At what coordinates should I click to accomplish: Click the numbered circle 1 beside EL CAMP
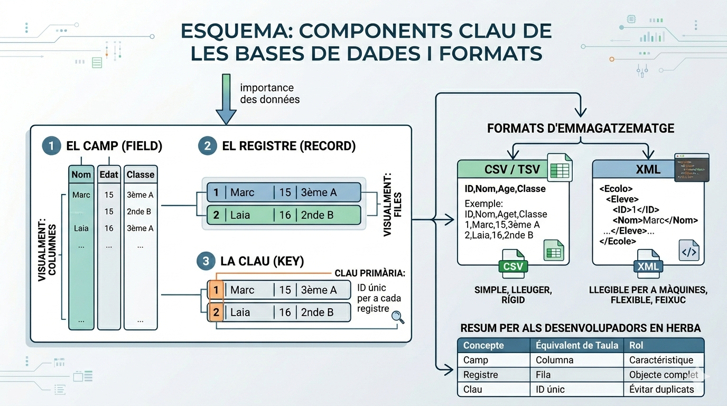[x=51, y=146]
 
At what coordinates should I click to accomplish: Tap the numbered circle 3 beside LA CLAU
[x=206, y=261]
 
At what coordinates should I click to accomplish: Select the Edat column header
[x=109, y=174]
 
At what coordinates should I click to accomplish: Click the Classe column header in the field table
[x=141, y=174]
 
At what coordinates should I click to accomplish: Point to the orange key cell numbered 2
[x=216, y=312]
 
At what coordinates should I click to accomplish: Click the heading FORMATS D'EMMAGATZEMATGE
[x=581, y=128]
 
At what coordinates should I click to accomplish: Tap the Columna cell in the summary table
[x=554, y=360]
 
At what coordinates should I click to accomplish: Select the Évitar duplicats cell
[x=661, y=390]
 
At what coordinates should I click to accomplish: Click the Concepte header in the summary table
[x=483, y=345]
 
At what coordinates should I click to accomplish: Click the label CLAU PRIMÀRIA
[x=370, y=273]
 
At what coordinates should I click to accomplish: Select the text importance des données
[x=269, y=94]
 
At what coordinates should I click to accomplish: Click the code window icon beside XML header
[x=692, y=168]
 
